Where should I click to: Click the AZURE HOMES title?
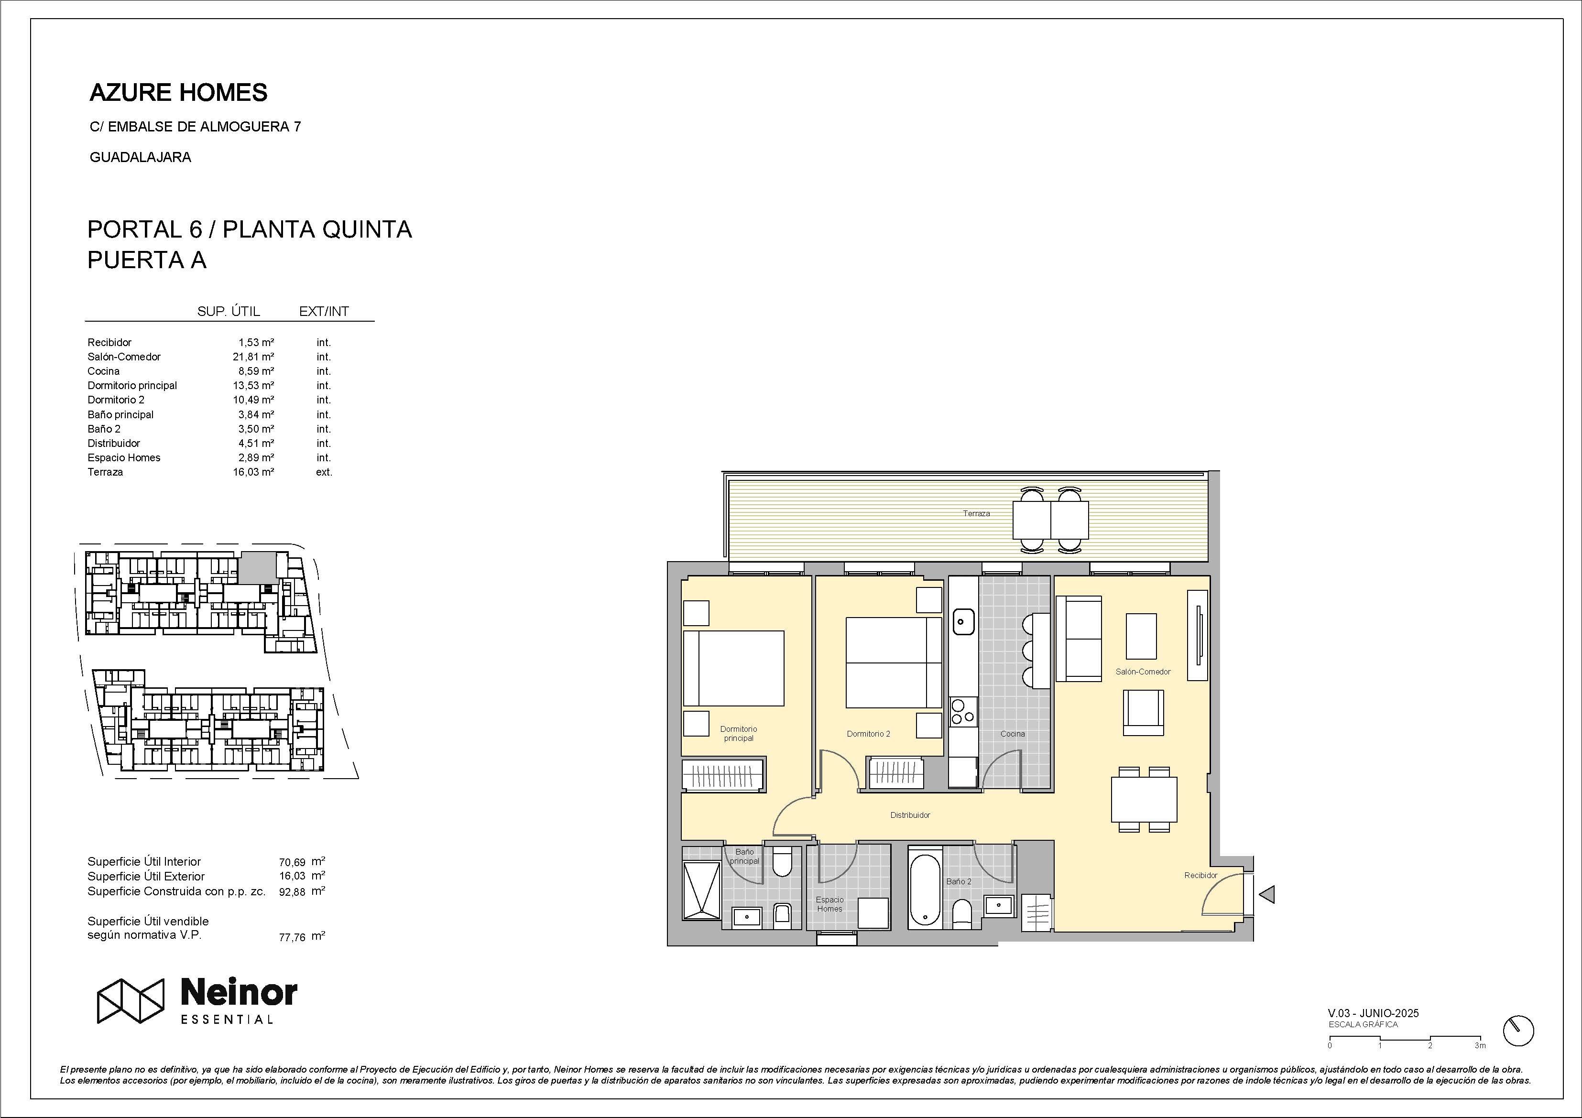tap(178, 92)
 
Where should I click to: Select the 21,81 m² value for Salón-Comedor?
tap(253, 357)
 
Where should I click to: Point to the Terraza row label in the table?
tap(106, 472)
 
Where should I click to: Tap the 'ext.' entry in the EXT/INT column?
tap(324, 472)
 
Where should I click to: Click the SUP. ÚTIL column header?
tap(229, 311)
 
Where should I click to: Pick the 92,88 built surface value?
tap(292, 891)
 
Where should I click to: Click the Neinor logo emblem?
tap(130, 1000)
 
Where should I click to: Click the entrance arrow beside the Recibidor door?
tap(1266, 894)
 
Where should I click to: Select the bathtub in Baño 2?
tap(924, 890)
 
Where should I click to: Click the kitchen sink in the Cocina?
tap(963, 621)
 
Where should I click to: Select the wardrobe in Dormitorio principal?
tap(723, 775)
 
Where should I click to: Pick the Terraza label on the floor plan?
tap(976, 513)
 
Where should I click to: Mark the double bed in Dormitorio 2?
tap(894, 662)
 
